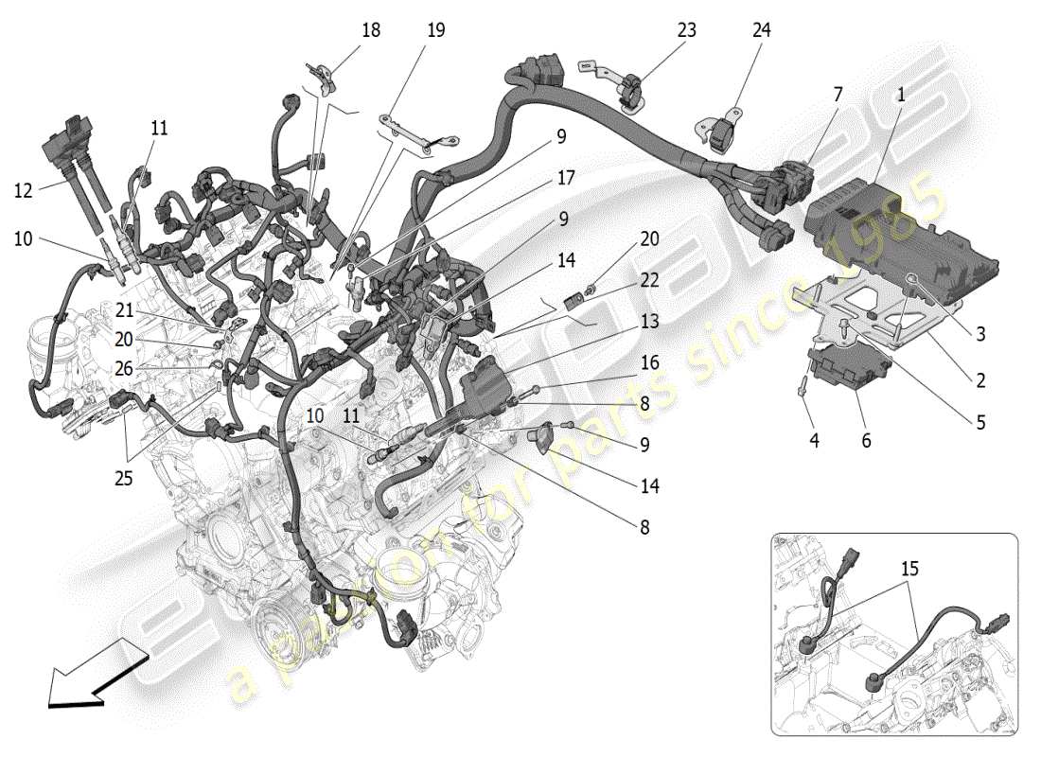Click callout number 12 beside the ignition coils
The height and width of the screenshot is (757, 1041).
pos(24,190)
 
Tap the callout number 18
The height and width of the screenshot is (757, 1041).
pos(370,30)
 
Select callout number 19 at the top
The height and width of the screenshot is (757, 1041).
pos(434,30)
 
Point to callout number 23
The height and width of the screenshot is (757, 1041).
pos(686,30)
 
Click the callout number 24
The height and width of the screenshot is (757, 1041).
pos(761,30)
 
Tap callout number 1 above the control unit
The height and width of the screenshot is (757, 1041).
pos(900,95)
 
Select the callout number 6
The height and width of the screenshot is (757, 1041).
pos(866,440)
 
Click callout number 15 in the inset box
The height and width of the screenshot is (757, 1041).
pos(909,571)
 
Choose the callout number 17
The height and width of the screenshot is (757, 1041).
pos(566,177)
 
